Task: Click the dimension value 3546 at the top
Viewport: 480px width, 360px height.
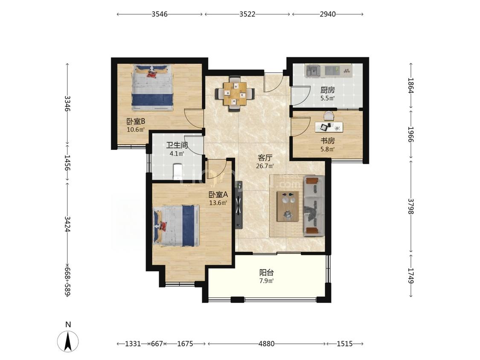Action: click(160, 14)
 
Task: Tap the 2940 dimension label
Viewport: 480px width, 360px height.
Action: click(328, 14)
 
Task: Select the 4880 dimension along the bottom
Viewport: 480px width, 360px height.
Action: click(266, 344)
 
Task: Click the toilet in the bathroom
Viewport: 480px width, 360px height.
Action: click(177, 172)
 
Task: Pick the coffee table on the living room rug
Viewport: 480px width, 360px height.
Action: click(288, 206)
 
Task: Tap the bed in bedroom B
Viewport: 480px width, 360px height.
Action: click(152, 87)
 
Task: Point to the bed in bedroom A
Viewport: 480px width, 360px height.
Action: click(176, 226)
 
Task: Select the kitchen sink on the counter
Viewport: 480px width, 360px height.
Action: click(312, 71)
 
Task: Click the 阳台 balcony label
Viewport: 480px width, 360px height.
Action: click(266, 272)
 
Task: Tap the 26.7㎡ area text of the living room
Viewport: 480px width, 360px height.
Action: click(265, 166)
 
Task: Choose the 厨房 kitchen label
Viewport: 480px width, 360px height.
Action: click(328, 90)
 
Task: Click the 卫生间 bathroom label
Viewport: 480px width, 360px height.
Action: click(177, 145)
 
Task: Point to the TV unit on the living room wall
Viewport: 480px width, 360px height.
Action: click(239, 205)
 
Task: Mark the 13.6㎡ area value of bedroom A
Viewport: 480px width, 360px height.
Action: click(218, 203)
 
